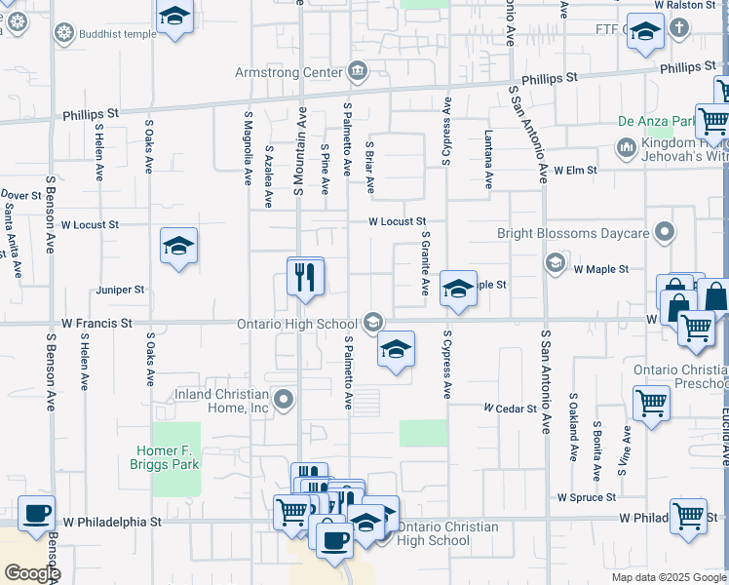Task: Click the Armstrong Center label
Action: (x=288, y=72)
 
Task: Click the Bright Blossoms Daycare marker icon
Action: (x=666, y=232)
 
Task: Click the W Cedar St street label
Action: (x=511, y=408)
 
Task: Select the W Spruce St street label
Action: (x=587, y=497)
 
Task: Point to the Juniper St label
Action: (x=120, y=290)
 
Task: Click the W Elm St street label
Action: (x=574, y=170)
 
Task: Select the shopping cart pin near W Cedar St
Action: (x=650, y=402)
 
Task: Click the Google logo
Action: (x=31, y=572)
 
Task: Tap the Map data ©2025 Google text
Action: (x=668, y=577)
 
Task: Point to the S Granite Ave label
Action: (x=425, y=263)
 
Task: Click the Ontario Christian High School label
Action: (x=435, y=534)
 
